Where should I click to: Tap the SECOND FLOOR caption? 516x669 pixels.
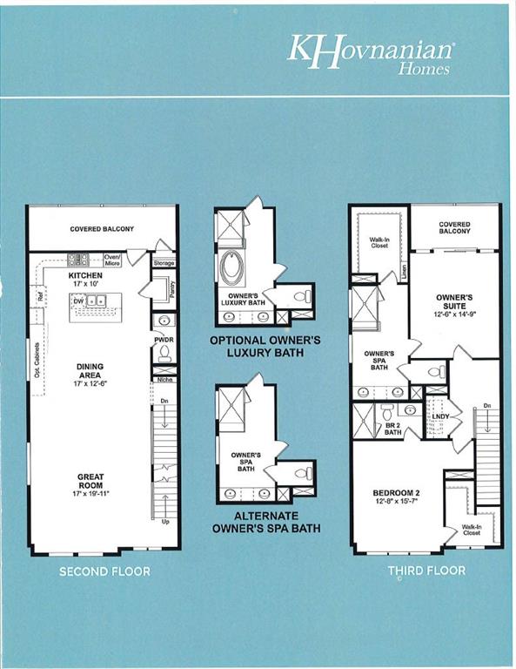104,571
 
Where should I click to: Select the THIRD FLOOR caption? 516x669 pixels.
426,571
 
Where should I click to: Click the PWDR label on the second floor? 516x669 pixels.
163,340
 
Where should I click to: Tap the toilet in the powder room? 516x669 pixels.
164,353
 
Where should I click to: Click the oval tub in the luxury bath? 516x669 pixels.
233,268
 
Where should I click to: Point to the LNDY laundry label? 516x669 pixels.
440,417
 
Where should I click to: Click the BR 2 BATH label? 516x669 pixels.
392,428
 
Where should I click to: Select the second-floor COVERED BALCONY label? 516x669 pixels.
102,229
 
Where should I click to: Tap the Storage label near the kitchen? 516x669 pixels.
164,262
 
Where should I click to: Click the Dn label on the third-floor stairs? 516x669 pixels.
487,406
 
